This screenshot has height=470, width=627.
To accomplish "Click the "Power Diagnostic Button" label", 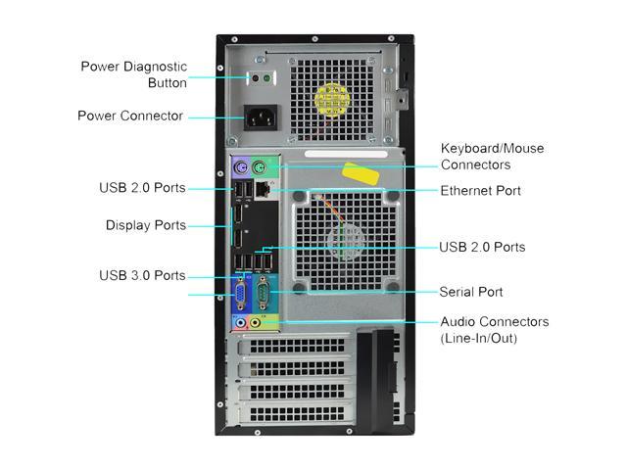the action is click(134, 74).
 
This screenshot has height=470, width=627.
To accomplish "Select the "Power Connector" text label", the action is click(130, 116).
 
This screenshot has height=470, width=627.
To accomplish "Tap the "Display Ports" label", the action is click(146, 225).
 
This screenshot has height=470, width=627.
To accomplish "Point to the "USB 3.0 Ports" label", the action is click(142, 275).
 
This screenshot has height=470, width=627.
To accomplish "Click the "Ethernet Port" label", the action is click(481, 191).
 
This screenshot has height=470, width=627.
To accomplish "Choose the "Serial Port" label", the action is click(471, 292).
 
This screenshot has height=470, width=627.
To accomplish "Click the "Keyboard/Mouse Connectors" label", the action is click(492, 157).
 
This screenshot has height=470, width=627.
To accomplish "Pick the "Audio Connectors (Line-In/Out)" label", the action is click(495, 330).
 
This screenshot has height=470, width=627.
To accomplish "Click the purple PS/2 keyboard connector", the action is click(241, 167).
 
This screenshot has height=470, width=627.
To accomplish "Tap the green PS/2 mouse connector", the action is click(259, 167).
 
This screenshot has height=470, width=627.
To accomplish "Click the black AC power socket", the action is click(261, 117).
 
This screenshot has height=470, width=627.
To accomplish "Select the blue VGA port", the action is click(240, 296).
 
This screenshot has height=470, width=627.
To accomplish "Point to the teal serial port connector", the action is click(263, 294).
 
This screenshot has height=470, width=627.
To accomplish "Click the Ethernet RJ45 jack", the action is click(263, 189).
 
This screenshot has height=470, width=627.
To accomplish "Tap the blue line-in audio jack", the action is click(240, 322).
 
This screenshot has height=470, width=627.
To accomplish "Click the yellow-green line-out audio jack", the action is click(255, 322).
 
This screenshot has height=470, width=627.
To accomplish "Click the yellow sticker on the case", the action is click(362, 174).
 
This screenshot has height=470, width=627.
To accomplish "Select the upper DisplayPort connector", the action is click(238, 215).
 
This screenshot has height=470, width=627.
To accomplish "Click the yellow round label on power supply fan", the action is click(332, 100).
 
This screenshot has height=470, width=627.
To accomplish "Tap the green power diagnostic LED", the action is click(266, 78).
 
